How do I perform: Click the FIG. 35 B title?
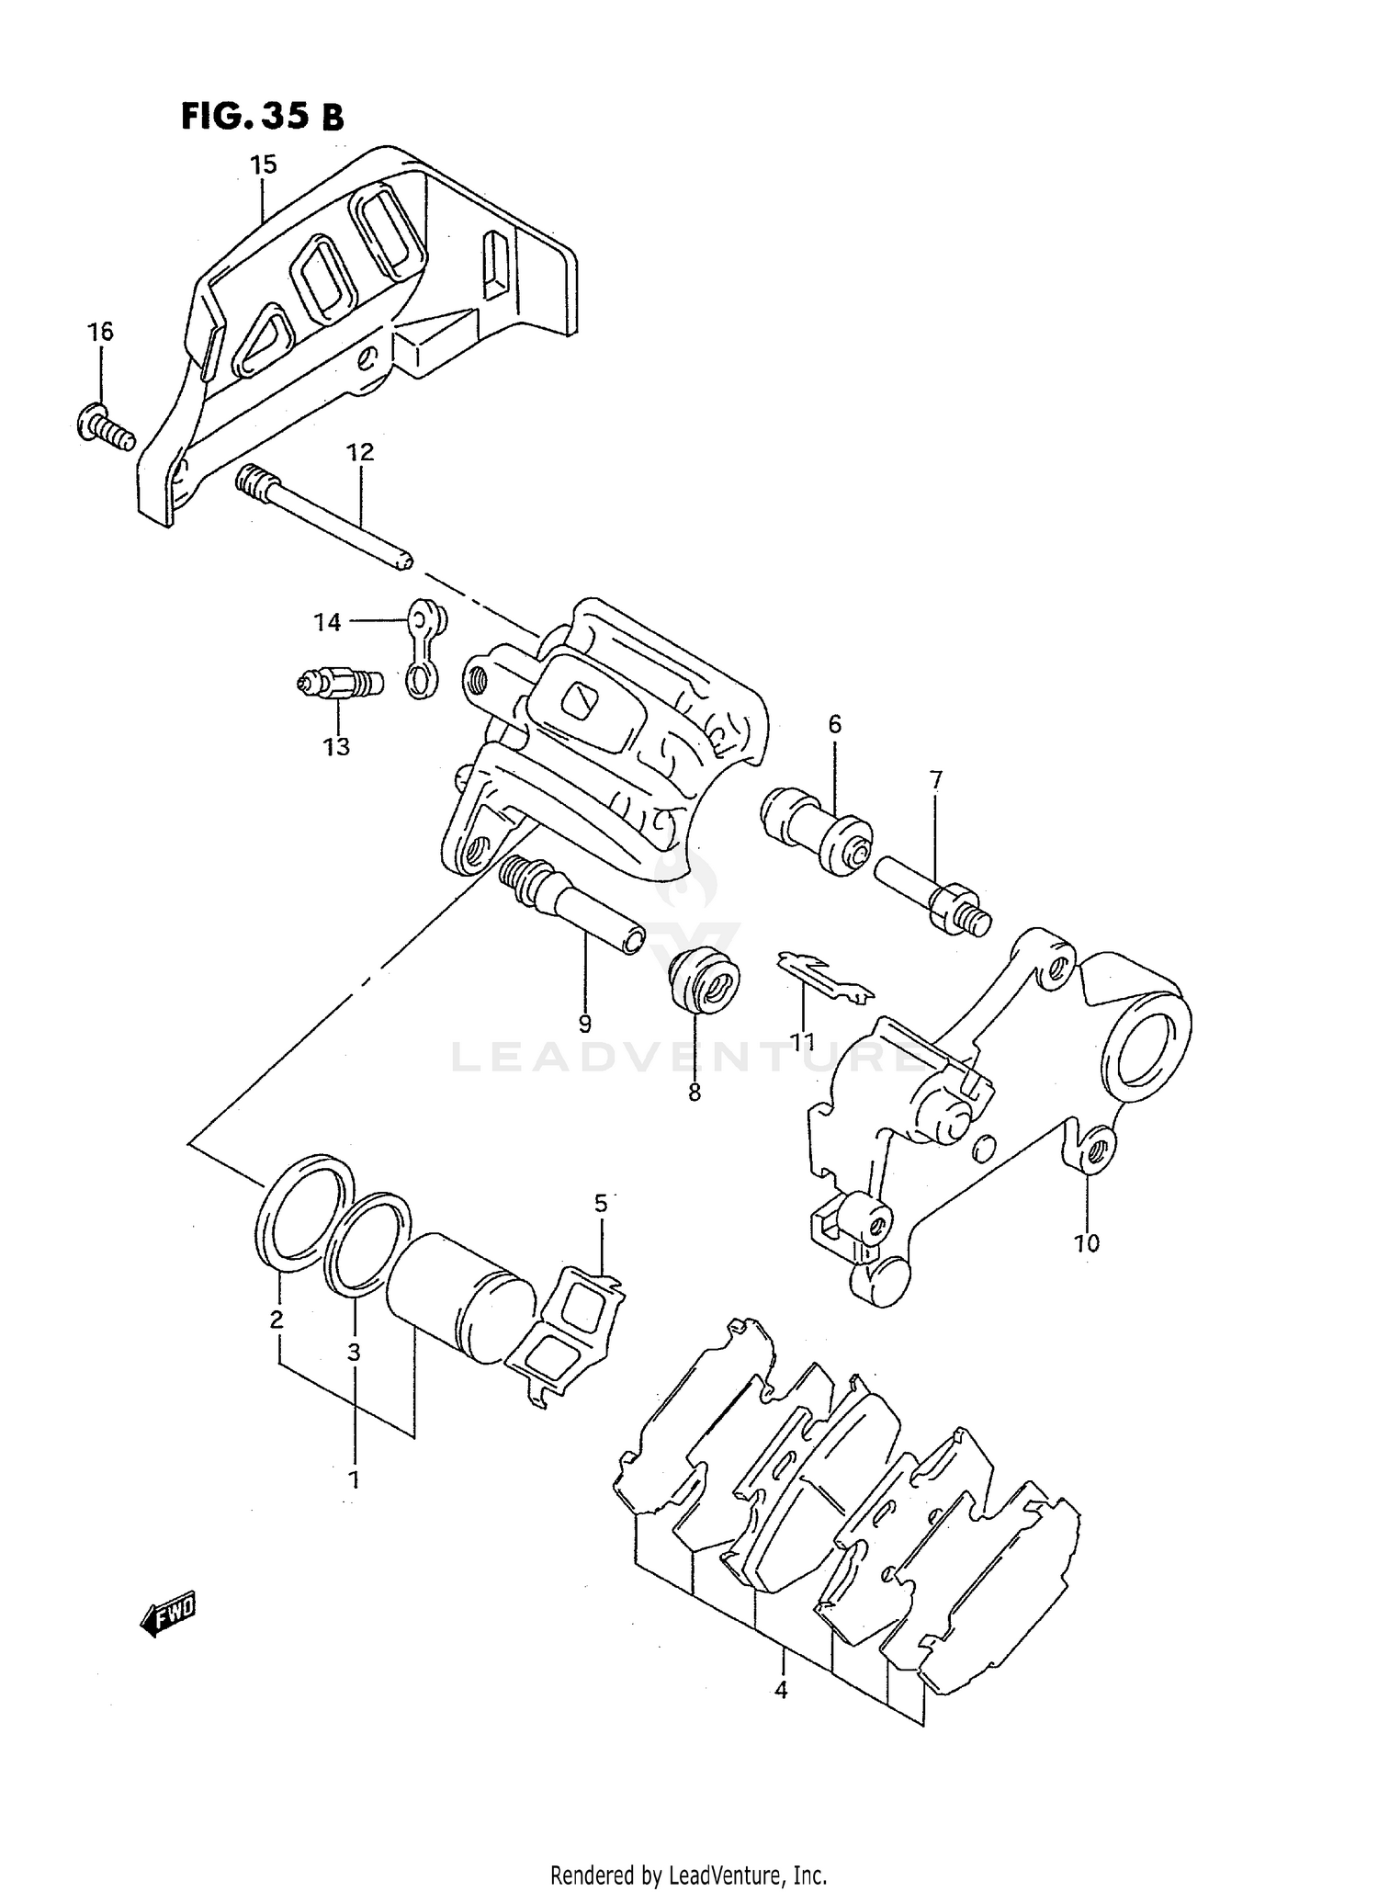(262, 117)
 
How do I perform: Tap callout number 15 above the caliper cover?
(263, 165)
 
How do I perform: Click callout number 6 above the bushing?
(834, 724)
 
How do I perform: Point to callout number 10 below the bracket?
(1086, 1243)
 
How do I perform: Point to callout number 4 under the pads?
(781, 1689)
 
